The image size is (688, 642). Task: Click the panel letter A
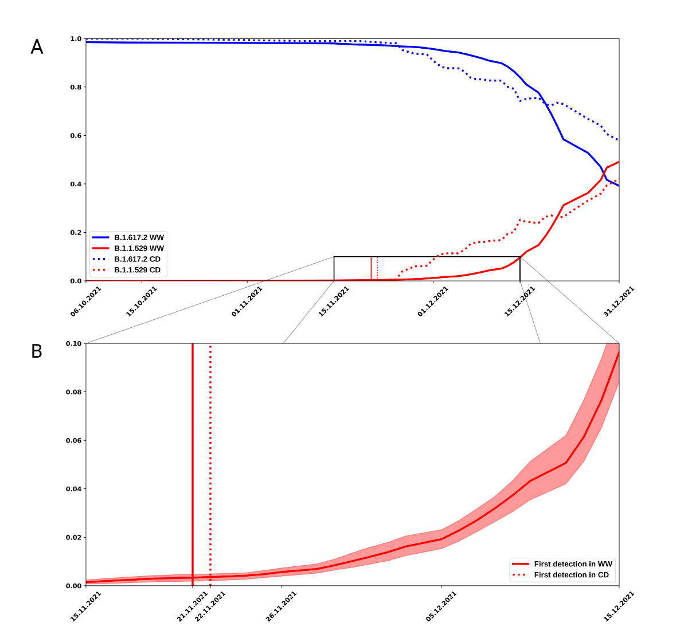pos(37,47)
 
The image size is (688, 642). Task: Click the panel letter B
pos(37,351)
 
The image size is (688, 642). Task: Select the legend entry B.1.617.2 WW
pos(139,237)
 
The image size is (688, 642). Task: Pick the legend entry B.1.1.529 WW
pos(139,248)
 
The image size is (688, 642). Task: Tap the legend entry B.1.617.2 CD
pos(137,259)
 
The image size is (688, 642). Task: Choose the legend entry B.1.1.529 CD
pos(137,270)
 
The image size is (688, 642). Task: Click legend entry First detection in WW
pos(573,564)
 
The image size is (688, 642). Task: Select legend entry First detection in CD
pos(571,575)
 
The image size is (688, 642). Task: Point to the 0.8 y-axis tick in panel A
pos(76,87)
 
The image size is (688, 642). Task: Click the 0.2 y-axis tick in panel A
pos(76,233)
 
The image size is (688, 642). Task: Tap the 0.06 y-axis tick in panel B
pos(74,440)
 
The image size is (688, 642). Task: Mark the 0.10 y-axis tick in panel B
pos(74,343)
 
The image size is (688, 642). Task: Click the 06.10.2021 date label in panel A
pos(86,302)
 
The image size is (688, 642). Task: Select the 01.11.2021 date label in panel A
pos(247,302)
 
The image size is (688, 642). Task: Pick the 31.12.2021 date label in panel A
pos(619,302)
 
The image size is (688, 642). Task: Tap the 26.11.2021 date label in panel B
pos(282,606)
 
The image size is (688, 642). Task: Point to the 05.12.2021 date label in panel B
pos(441,606)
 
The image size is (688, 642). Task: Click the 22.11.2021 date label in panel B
pos(210,606)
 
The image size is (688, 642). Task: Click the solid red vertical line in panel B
pos(193,459)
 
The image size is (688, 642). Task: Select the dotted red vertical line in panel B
pos(210,459)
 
